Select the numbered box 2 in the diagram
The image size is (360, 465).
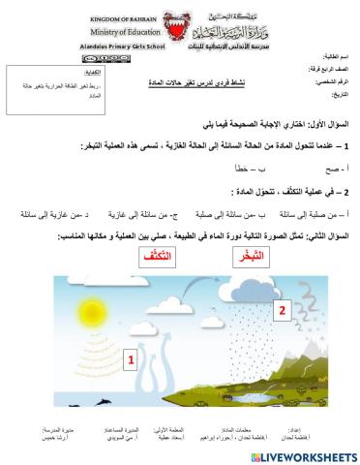[x=282, y=311]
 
